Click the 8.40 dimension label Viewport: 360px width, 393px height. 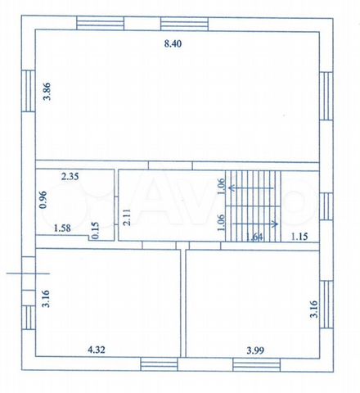pos(173,43)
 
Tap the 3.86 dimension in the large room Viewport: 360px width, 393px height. pos(47,92)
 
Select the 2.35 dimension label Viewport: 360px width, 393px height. pos(70,177)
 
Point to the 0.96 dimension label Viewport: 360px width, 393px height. pos(43,200)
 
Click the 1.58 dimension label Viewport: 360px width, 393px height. pos(62,228)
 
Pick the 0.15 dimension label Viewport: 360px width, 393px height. pos(95,231)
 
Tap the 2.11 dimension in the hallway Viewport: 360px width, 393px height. pos(127,217)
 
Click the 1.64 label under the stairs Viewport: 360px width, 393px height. pos(254,237)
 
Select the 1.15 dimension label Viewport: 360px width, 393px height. pos(299,237)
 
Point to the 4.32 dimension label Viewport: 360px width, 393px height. pos(97,350)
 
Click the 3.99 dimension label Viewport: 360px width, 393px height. pos(255,350)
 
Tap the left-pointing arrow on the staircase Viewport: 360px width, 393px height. pos(251,187)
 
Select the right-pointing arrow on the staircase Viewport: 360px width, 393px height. pos(255,224)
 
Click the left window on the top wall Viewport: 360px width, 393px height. pos(100,23)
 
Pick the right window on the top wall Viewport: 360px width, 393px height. pos(184,24)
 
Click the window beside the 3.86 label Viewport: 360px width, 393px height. pos(29,91)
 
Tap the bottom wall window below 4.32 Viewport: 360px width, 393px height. pos(160,364)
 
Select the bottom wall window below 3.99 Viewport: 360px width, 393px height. pos(256,364)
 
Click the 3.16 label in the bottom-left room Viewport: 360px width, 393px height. pos(47,299)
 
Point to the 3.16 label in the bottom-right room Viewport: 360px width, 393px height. pos(314,309)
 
